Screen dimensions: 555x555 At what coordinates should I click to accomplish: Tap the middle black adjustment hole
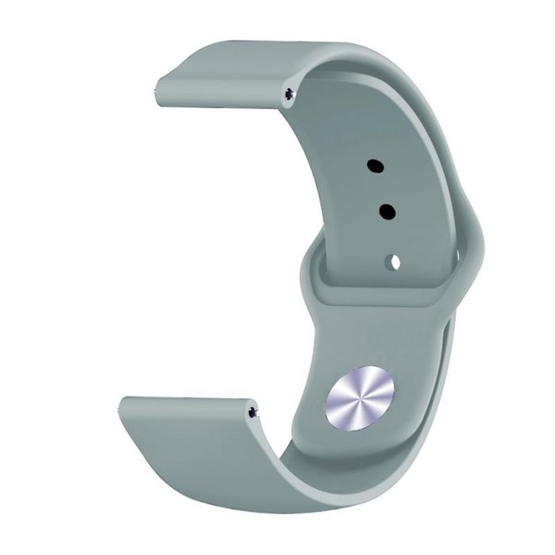pos(388,212)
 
